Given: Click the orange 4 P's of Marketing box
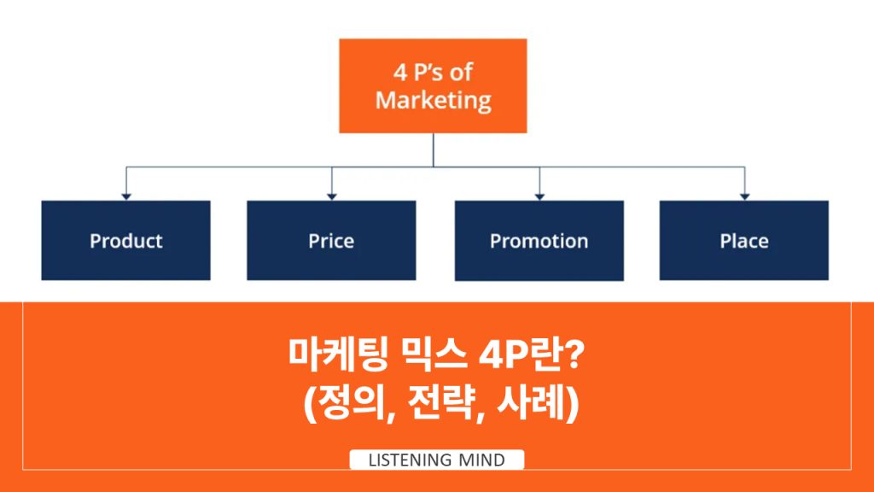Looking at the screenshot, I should point(432,85).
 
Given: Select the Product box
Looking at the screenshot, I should point(125,240).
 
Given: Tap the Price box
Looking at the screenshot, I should point(331,240).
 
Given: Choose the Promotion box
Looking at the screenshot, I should point(539,240).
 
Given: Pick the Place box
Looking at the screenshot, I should point(743,240).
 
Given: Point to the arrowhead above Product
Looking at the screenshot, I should point(125,196).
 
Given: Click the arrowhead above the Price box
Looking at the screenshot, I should point(331,196).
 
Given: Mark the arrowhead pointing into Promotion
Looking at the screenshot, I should point(539,196).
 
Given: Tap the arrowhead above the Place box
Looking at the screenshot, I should point(744,196).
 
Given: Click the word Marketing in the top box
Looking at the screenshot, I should point(433,100).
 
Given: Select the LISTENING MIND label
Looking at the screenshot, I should point(436,460).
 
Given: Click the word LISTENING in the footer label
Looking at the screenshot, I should point(410,460).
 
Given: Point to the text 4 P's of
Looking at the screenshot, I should point(433,72).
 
